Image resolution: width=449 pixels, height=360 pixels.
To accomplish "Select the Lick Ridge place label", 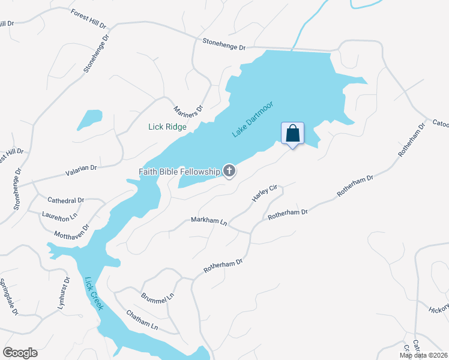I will coord(167,127).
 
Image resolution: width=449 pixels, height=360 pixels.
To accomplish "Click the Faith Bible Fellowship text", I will coord(179,172).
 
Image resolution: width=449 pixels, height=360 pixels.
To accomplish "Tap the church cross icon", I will coord(229,172).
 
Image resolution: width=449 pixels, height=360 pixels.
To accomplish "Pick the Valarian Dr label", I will coord(81,171).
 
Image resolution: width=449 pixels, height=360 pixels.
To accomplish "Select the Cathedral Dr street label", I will coord(66,200).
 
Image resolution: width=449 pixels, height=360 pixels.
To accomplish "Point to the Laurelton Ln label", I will coord(60,215).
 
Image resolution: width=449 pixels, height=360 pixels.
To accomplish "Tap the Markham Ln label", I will coord(209,221).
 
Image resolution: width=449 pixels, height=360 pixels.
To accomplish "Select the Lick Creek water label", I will coord(94,293).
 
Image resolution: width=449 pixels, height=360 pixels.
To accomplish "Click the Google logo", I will coord(20,353).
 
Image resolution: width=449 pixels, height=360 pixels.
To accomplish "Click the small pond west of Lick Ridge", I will coord(89,119).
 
